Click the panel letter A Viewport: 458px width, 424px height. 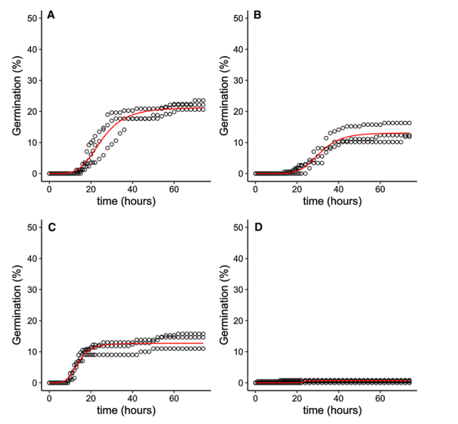click(x=51, y=15)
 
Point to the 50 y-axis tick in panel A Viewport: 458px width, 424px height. click(x=32, y=17)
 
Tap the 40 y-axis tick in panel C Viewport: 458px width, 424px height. click(x=32, y=258)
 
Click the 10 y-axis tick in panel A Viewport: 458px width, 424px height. click(x=32, y=142)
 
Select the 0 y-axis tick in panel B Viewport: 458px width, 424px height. click(x=241, y=173)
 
